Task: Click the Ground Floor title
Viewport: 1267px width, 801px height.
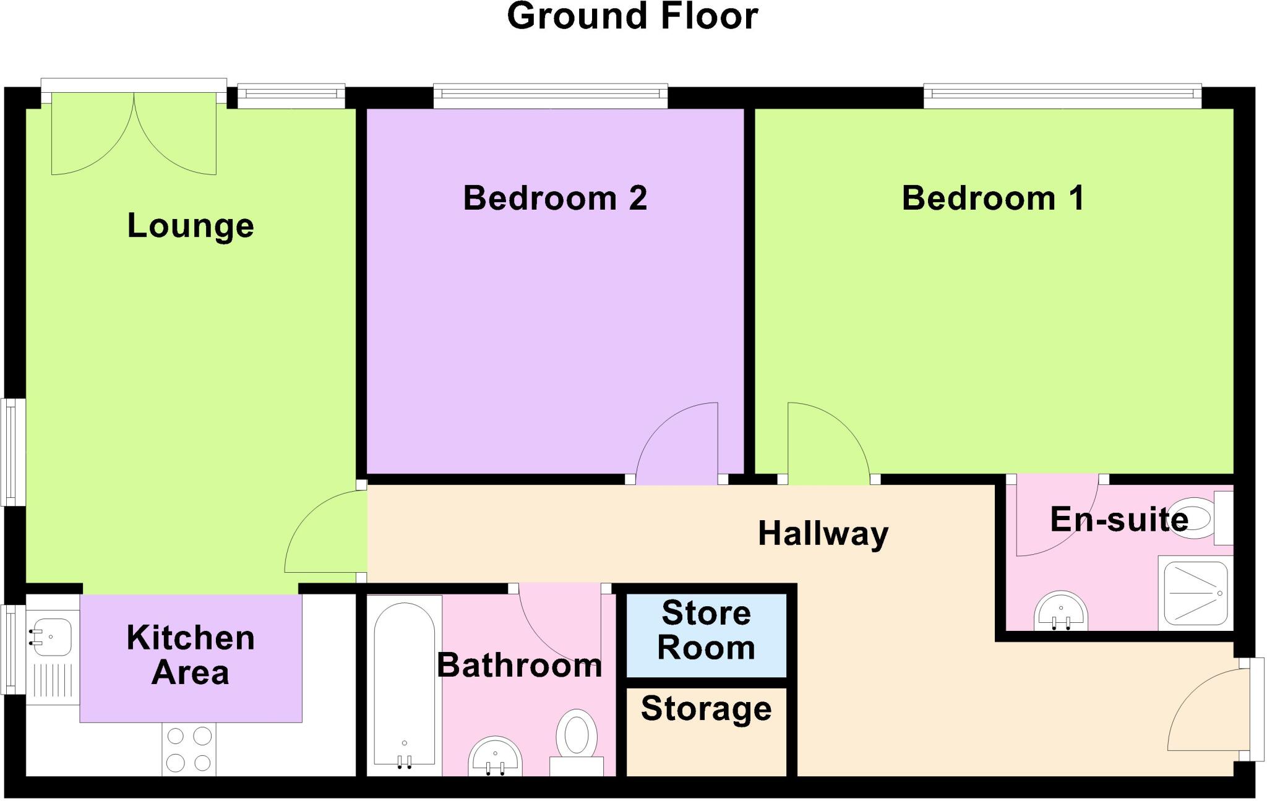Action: (632, 16)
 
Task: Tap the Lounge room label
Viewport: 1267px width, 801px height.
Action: (191, 226)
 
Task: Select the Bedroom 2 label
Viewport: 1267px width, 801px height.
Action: (555, 199)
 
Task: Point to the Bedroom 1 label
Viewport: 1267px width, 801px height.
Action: (993, 199)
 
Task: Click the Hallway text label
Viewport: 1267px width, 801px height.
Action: (823, 534)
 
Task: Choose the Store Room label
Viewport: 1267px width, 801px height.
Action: (706, 630)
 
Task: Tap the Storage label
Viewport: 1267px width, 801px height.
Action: (706, 709)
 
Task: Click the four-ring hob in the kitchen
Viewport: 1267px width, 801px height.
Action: (189, 749)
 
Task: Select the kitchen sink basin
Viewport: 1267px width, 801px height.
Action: (51, 636)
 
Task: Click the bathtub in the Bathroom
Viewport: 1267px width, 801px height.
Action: (405, 685)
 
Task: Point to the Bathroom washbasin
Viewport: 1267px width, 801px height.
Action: (495, 756)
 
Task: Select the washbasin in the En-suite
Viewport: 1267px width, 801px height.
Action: (1060, 611)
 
